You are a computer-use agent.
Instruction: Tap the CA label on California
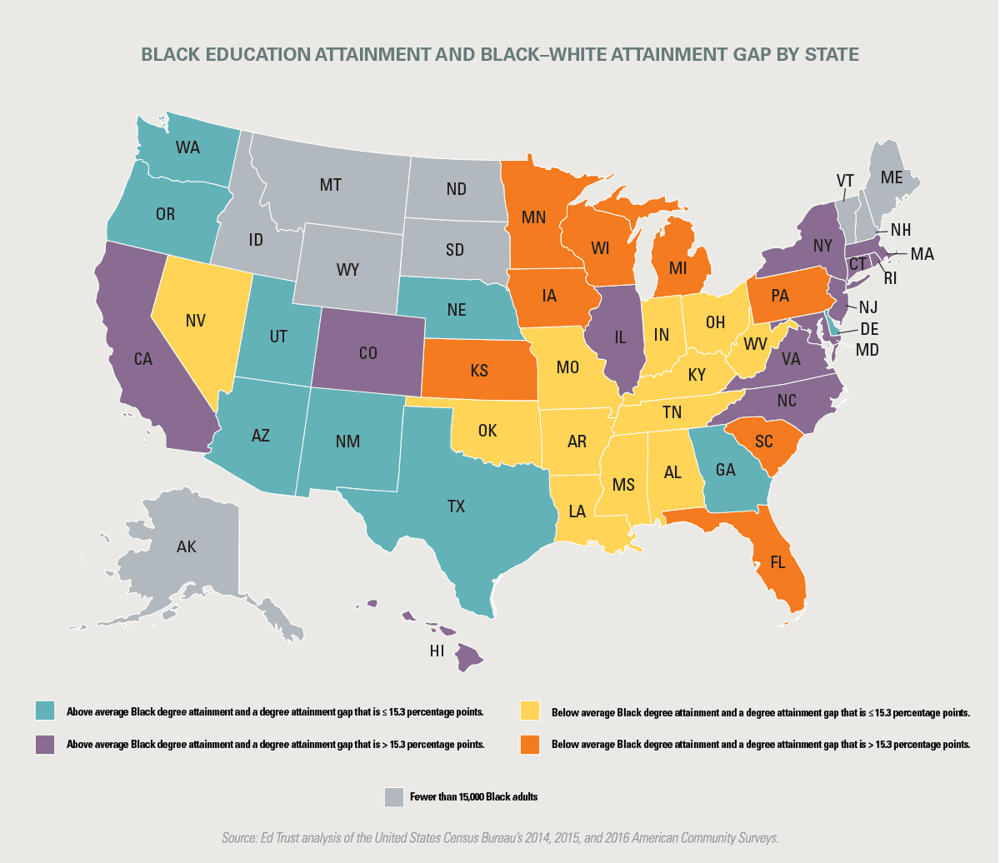(144, 360)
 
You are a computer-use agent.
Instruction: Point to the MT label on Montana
(331, 186)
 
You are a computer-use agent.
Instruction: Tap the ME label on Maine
(891, 177)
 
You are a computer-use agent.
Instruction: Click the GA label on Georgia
(724, 470)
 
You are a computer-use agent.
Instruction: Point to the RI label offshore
(891, 279)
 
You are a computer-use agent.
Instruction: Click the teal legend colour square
(44, 711)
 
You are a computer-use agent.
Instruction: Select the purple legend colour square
(44, 744)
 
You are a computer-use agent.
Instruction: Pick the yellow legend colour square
(529, 711)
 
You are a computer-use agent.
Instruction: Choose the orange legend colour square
(529, 744)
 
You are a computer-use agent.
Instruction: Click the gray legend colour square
(392, 796)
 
